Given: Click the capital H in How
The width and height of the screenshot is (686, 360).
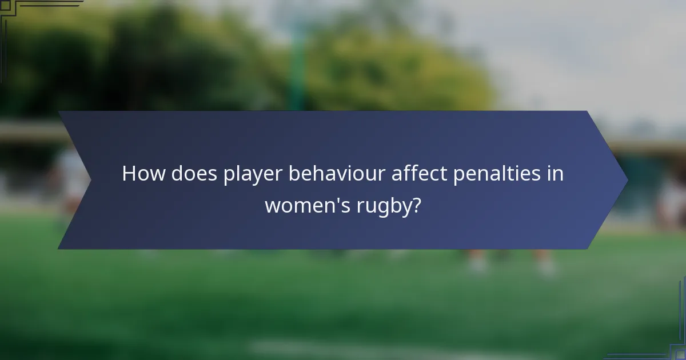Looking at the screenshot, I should pos(129,173).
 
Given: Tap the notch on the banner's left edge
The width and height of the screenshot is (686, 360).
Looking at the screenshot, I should pos(90,180).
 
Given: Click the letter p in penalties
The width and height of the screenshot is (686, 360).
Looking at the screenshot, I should pos(458,175).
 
